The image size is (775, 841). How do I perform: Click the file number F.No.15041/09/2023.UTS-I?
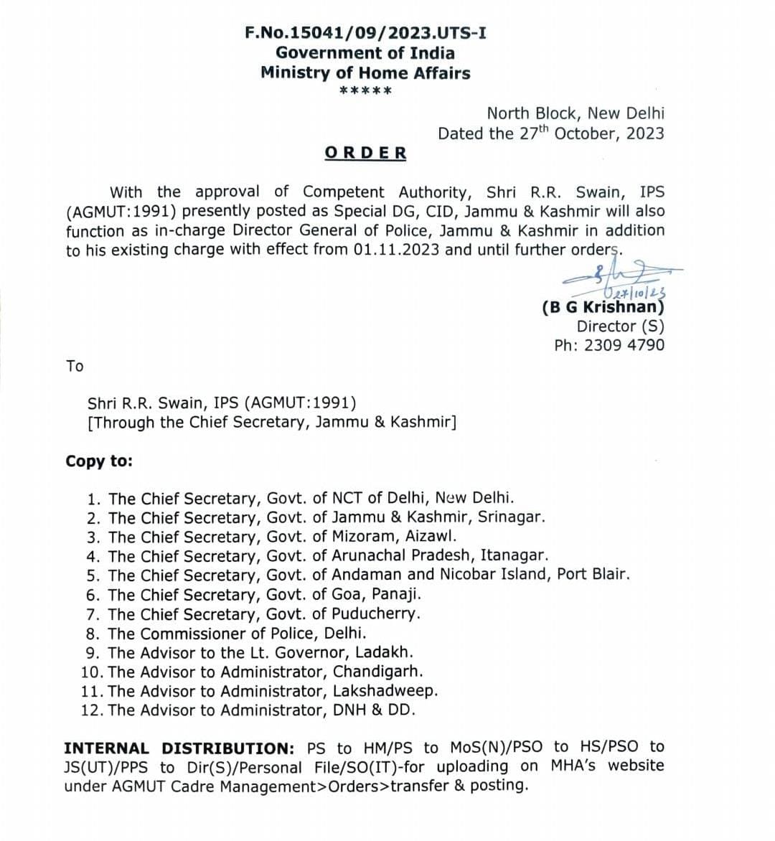coord(365,33)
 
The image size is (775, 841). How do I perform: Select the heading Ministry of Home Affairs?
coord(365,72)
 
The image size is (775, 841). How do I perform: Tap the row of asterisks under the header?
coord(365,92)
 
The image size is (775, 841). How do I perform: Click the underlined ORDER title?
coord(365,153)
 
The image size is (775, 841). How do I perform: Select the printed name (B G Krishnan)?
coord(603,307)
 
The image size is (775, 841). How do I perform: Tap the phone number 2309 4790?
coord(624,345)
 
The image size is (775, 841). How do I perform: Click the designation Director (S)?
coord(620,326)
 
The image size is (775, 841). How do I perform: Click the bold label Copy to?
coord(99,461)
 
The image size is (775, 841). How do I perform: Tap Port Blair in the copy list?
coord(593,575)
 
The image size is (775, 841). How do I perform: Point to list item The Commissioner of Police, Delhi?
coord(237,634)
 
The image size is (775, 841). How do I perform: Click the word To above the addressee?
coord(75,366)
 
